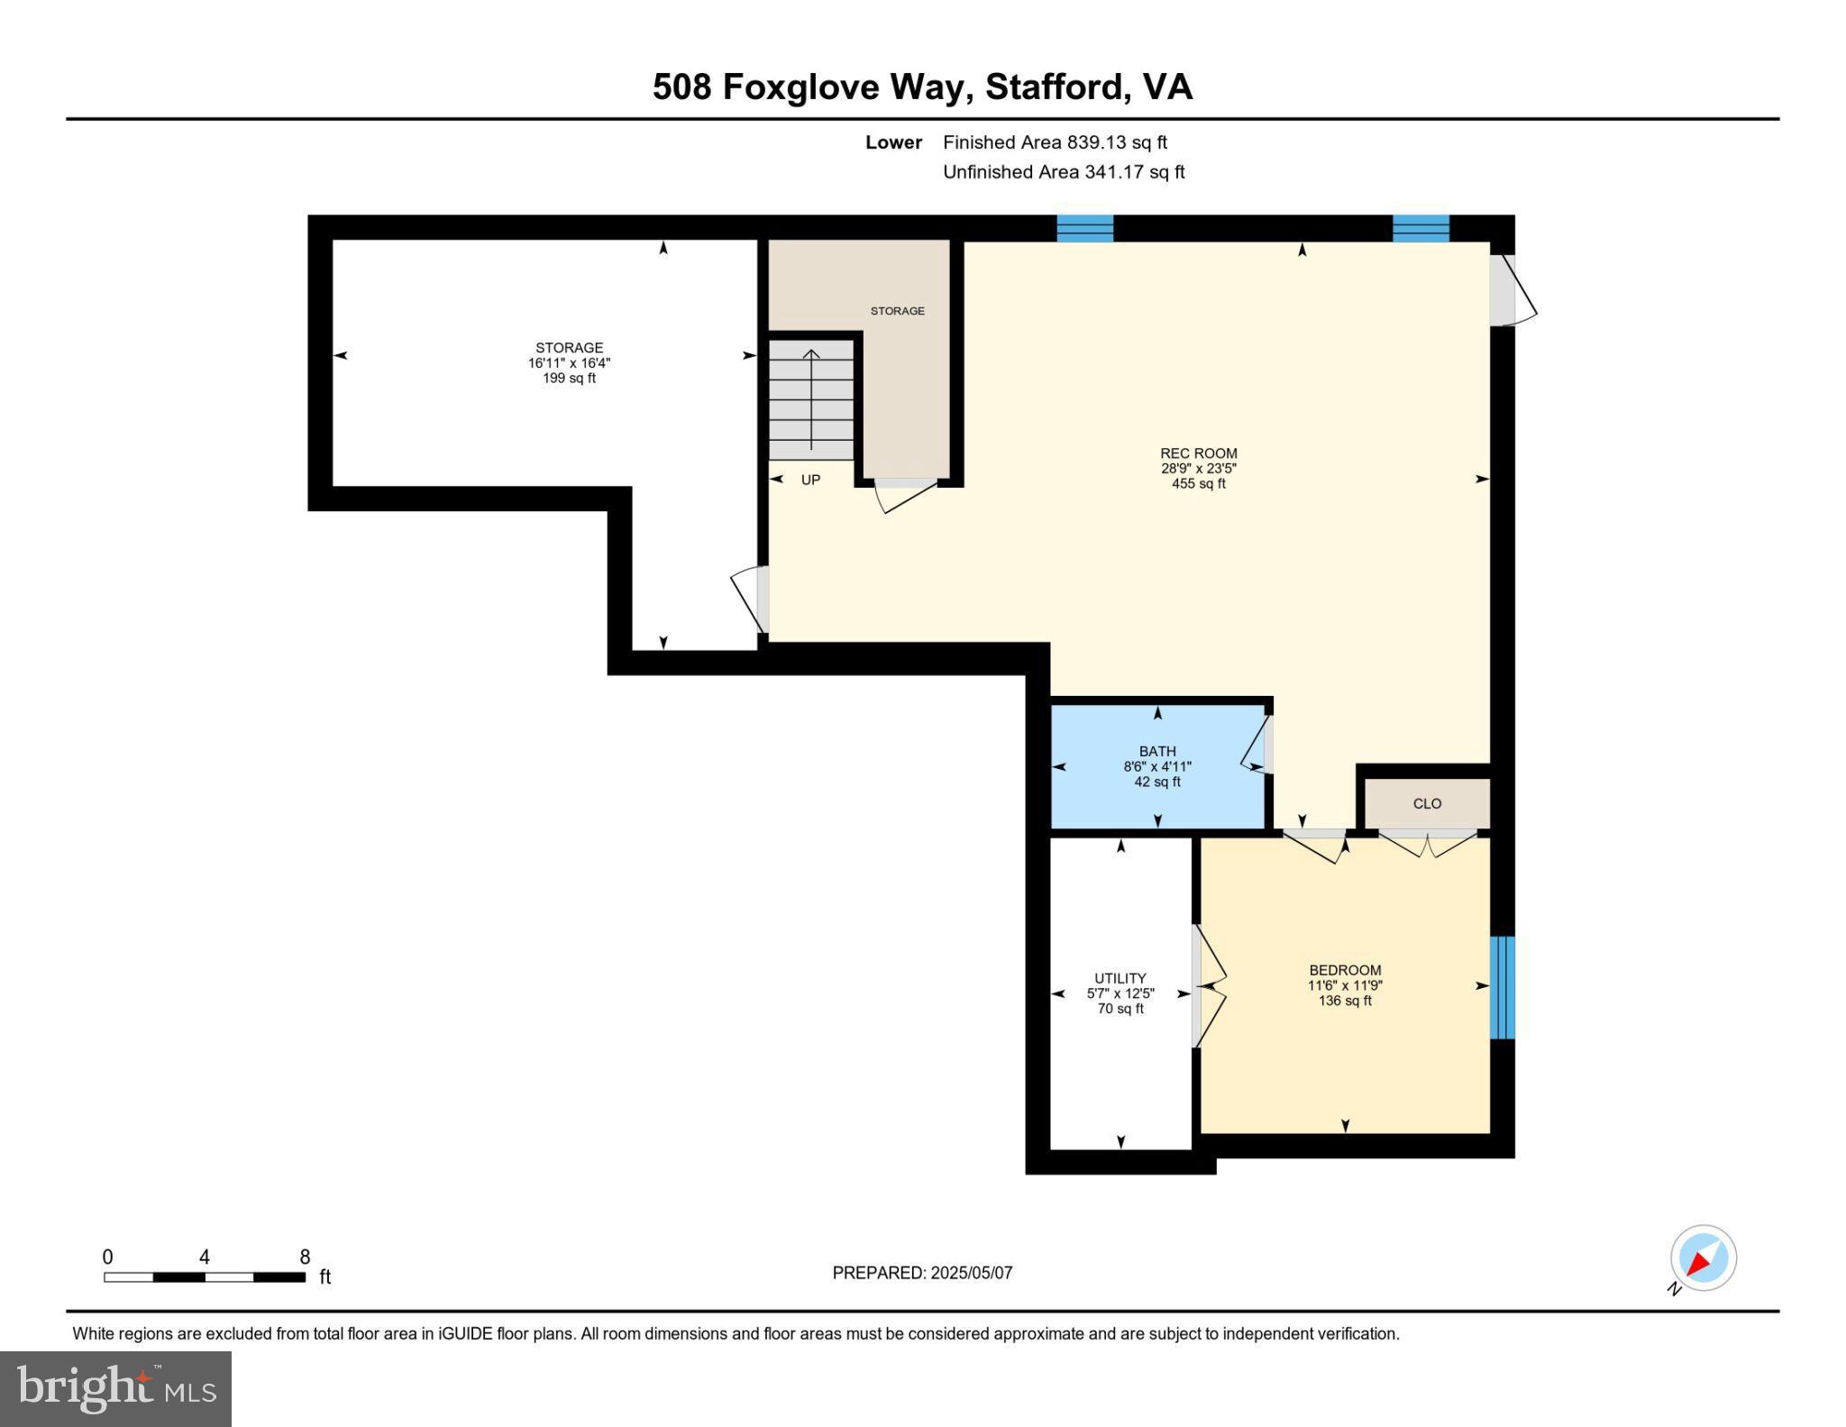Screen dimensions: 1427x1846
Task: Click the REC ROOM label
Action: point(1198,453)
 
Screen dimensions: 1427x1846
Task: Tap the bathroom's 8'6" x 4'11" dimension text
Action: point(1156,766)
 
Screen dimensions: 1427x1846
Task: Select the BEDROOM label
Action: point(1345,970)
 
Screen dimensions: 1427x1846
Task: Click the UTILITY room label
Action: point(1119,978)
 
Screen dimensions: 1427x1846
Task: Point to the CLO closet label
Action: point(1427,803)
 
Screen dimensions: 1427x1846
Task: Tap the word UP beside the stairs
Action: point(810,480)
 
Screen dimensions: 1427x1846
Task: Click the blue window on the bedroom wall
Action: point(1502,987)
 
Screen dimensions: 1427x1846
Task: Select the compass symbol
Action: point(1703,1258)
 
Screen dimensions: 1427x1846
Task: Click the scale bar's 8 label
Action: point(305,1257)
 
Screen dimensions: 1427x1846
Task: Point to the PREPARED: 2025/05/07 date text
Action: point(922,1273)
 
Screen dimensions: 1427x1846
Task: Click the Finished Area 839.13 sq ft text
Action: point(1055,142)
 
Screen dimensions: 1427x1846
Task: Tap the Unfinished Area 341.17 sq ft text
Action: point(1064,171)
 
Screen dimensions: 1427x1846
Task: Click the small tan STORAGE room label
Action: point(897,311)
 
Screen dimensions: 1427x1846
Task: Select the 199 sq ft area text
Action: point(569,379)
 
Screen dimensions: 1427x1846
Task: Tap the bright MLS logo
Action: point(115,1388)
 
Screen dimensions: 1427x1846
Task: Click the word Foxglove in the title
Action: point(802,87)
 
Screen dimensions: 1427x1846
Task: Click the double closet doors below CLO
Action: point(1427,844)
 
